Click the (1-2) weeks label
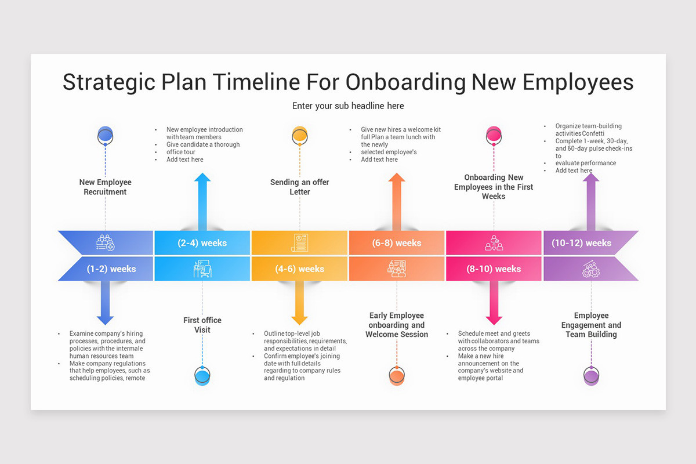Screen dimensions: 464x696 coord(111,269)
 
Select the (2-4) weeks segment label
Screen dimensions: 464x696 coord(202,243)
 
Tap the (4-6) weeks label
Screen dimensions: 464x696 coord(299,269)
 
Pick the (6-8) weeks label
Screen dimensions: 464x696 coord(397,243)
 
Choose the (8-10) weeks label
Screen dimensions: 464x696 coord(494,269)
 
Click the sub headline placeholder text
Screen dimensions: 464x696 coord(348,106)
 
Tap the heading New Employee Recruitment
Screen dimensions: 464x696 coord(105,187)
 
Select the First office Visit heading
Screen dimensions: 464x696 coord(202,325)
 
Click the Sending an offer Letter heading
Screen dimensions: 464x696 coord(300,187)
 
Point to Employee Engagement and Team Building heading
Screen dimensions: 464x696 coord(591,325)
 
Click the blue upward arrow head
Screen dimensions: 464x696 coord(202,180)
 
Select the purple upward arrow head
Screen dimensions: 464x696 coord(591,180)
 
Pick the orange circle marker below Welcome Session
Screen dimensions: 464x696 coord(397,376)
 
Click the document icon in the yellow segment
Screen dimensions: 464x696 coord(299,243)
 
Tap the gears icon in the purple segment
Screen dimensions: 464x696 coord(590,269)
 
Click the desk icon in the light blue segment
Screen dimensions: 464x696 coord(202,269)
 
